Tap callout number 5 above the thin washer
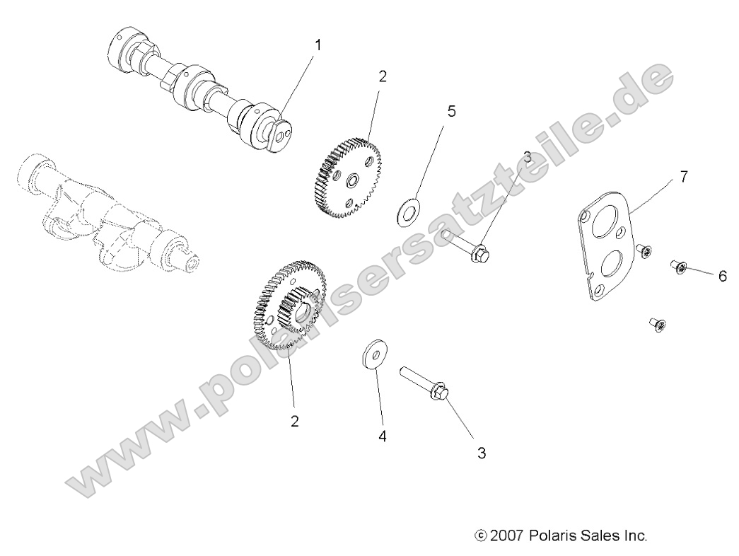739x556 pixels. (451, 111)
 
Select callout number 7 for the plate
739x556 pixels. (683, 177)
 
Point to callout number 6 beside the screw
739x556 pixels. (722, 276)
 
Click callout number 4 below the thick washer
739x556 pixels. (382, 436)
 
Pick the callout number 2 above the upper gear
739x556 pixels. (383, 76)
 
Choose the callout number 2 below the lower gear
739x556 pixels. (294, 421)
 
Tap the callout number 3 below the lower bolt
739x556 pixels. (482, 453)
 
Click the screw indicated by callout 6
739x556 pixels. (678, 268)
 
